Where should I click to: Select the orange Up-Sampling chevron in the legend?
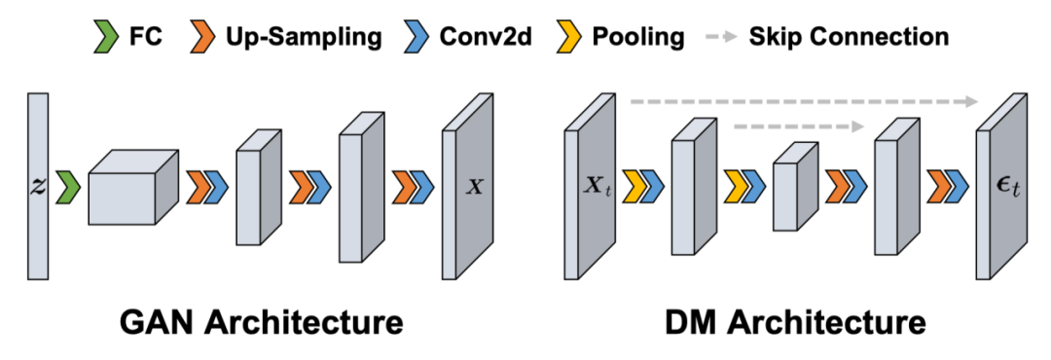click(202, 36)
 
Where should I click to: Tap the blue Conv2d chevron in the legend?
click(417, 36)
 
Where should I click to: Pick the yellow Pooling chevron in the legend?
click(569, 36)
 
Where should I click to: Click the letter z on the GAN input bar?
click(38, 187)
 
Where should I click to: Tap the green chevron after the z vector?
click(67, 187)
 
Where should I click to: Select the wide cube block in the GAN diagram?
click(133, 187)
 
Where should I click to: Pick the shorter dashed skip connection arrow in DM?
click(799, 126)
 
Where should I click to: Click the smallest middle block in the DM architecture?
click(795, 187)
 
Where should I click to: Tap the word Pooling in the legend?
click(638, 38)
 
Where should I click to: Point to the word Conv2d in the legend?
click(486, 37)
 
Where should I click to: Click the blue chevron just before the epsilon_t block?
click(956, 187)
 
